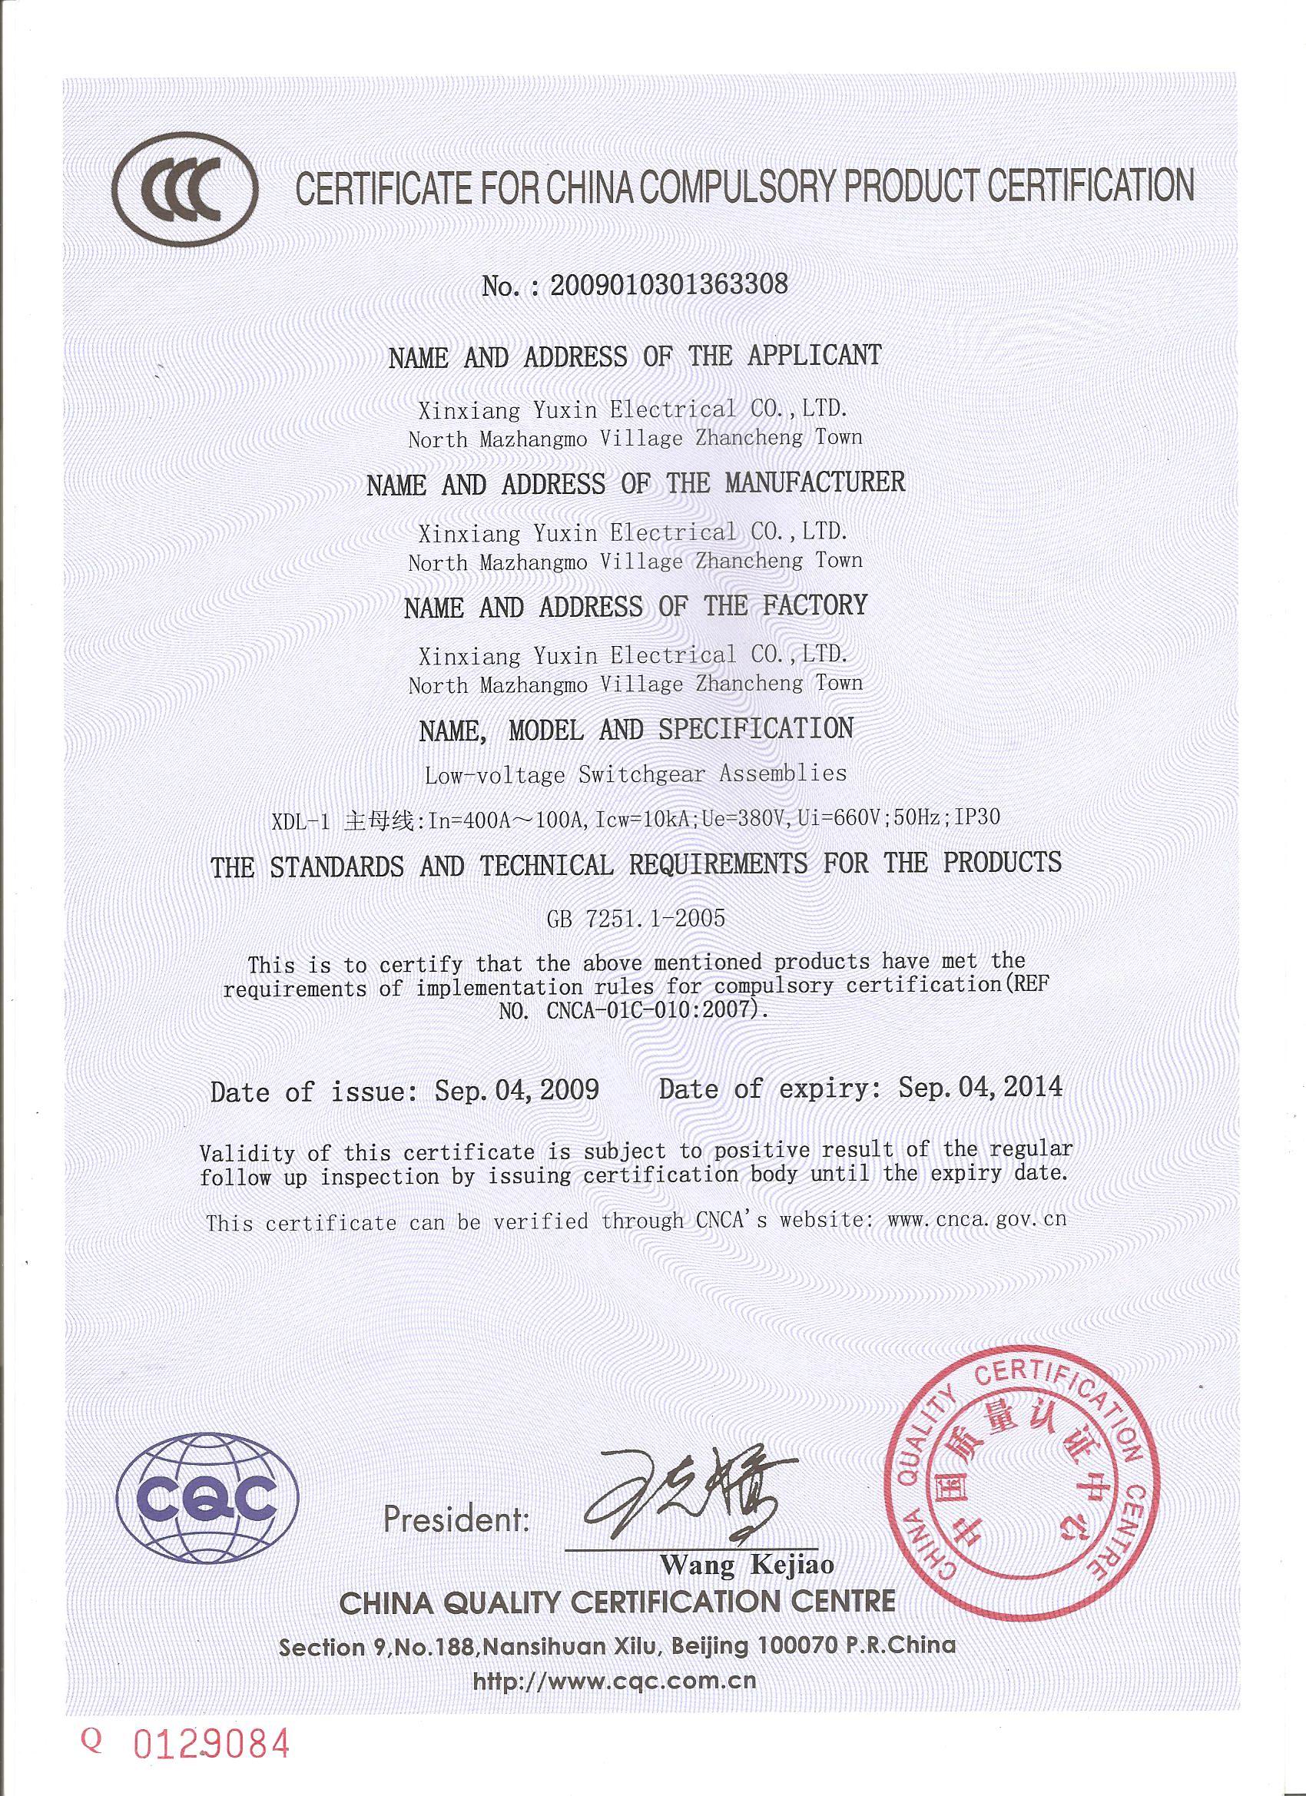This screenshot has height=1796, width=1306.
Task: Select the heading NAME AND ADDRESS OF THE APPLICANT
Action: point(634,356)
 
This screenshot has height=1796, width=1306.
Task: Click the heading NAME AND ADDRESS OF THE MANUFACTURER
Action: point(635,482)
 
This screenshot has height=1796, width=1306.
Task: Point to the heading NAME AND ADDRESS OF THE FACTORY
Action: point(635,608)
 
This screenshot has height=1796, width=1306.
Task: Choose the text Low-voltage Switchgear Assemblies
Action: point(635,774)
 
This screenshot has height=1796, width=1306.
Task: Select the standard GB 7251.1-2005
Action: point(635,918)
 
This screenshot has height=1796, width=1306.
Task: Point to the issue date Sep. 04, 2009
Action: point(516,1091)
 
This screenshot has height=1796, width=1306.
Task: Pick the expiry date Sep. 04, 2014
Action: point(979,1086)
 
